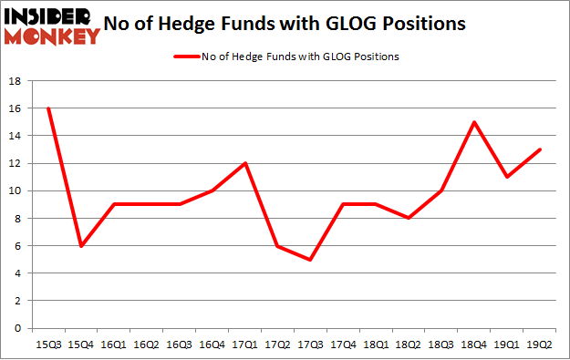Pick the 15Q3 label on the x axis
coord(48,345)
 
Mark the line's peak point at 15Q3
coord(48,108)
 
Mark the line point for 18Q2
coord(409,219)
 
